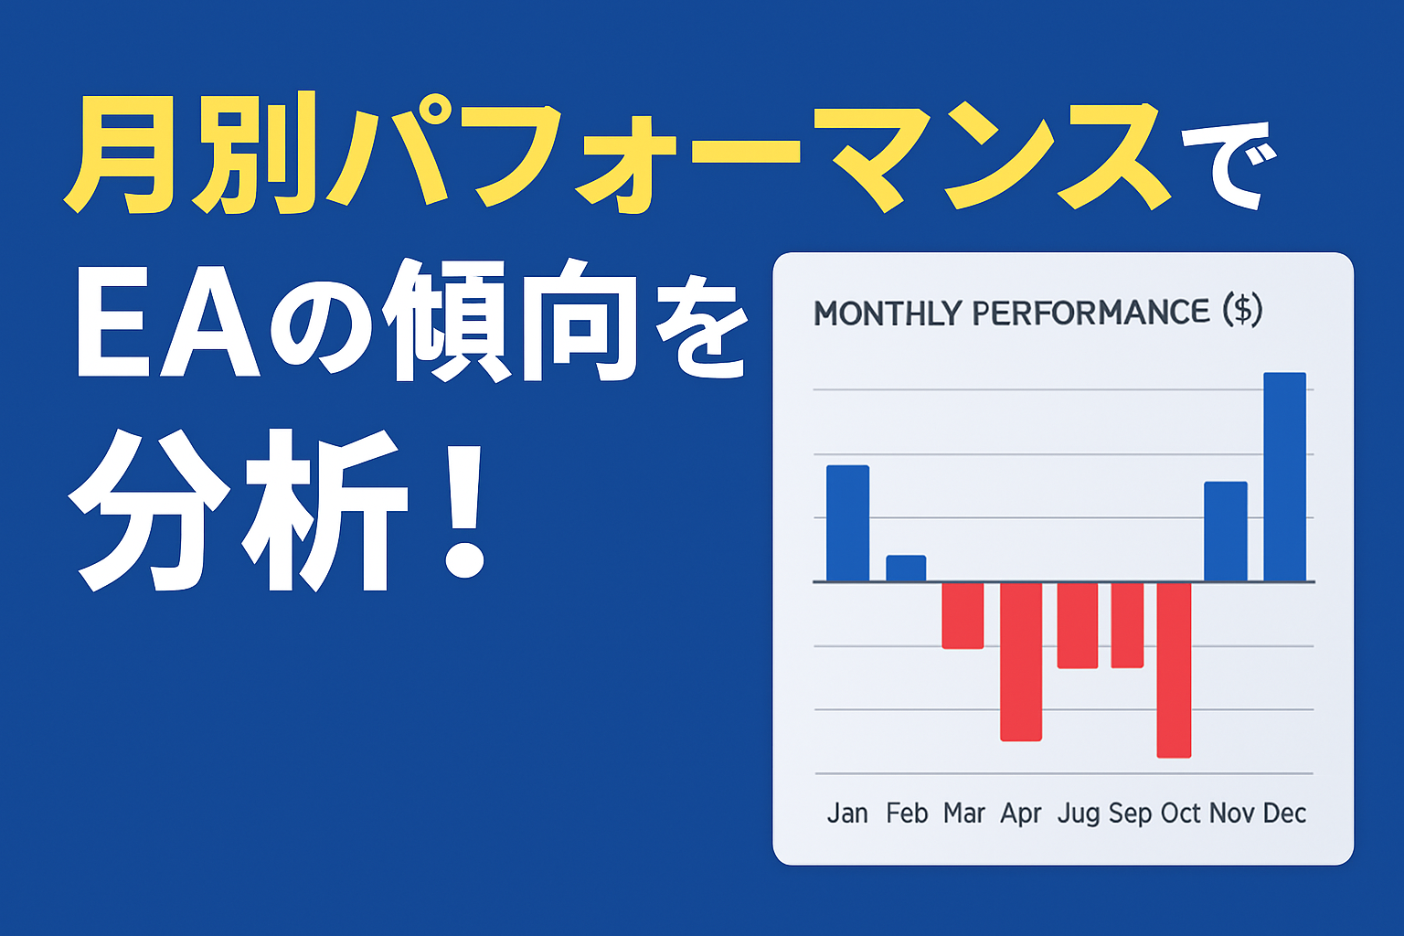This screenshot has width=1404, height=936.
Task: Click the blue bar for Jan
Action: (x=847, y=524)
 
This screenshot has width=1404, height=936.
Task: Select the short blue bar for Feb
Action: (x=906, y=569)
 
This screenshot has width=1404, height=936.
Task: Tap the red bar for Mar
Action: (x=963, y=616)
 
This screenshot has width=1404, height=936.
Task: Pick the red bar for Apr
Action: (x=1021, y=662)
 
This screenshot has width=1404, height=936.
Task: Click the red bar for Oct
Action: (x=1174, y=670)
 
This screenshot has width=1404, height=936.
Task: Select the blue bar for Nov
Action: (x=1226, y=532)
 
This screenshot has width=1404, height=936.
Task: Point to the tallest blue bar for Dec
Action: (x=1285, y=477)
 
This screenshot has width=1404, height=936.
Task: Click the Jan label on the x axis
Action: (x=847, y=814)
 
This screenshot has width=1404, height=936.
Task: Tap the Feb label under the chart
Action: (x=907, y=814)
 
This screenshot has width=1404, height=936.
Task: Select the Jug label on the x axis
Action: (x=1079, y=814)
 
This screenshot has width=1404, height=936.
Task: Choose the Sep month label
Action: (x=1130, y=814)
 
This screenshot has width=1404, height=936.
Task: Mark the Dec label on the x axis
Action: (x=1285, y=814)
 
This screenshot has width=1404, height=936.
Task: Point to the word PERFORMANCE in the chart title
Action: (x=1090, y=313)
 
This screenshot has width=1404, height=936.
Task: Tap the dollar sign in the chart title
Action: (x=1242, y=311)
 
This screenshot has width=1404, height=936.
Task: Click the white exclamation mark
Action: (x=464, y=510)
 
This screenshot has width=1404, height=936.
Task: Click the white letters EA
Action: (x=168, y=324)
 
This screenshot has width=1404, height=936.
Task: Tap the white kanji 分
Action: (x=149, y=511)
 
